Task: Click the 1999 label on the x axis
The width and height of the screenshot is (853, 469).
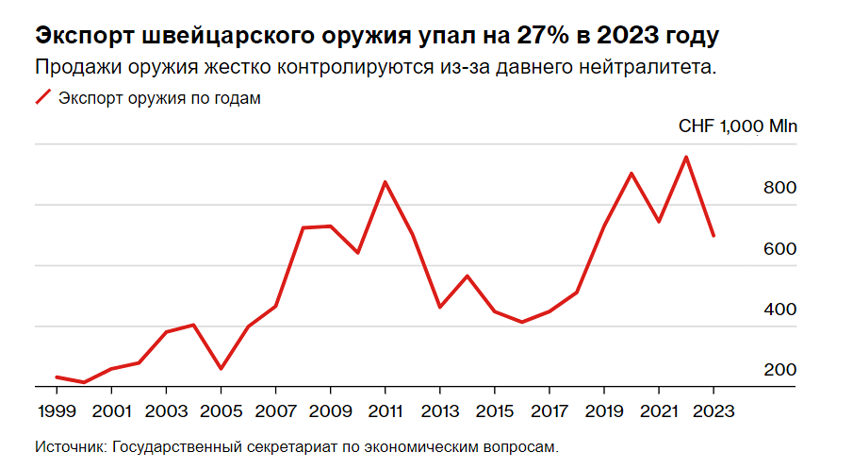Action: pos(57,411)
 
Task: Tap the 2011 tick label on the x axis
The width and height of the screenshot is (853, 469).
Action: pos(385,411)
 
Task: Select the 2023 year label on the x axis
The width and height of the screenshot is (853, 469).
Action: pos(713,411)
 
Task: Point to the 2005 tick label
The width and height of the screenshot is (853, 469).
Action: pos(221,411)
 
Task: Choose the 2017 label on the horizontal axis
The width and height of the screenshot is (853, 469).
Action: pos(549,411)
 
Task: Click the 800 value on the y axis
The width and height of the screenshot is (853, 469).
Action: pos(779,189)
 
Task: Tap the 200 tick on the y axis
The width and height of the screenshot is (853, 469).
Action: pos(779,370)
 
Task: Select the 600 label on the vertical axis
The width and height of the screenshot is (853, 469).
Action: pos(779,249)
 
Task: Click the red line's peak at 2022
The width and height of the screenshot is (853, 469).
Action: pos(686,157)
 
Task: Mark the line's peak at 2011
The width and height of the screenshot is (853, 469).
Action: pos(385,181)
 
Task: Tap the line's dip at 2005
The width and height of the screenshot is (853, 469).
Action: pos(221,369)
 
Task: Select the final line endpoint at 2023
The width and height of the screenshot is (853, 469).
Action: pos(714,236)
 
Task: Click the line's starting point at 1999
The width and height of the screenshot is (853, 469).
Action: pos(57,377)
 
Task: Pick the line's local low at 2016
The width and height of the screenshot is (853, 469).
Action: pos(521,322)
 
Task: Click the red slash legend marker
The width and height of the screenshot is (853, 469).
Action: pos(42,97)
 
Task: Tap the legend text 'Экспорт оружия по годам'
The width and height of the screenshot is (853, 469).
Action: pos(159,98)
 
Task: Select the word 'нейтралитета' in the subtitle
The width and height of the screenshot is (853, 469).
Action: pos(644,68)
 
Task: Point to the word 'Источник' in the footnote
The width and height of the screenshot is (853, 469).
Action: pos(70,446)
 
